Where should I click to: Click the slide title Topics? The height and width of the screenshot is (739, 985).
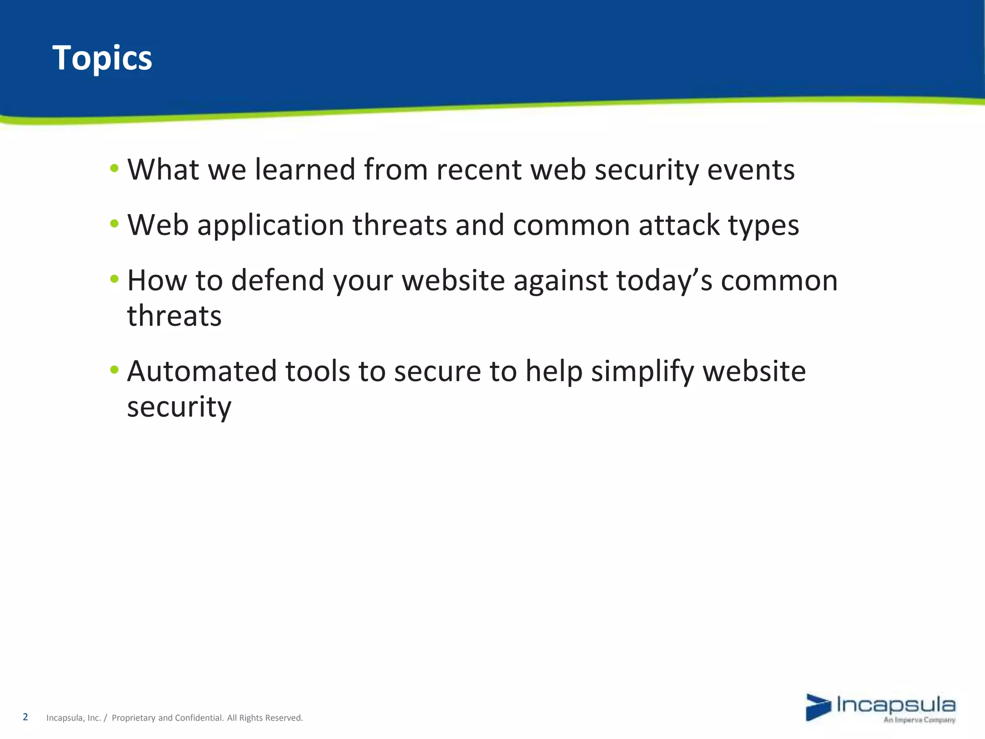point(102,58)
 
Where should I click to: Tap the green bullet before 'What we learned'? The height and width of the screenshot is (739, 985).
point(114,168)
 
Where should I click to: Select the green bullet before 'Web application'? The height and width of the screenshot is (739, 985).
point(114,224)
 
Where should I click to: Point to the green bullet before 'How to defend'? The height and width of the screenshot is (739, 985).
point(114,279)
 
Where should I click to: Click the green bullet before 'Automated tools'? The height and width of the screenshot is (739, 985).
point(114,370)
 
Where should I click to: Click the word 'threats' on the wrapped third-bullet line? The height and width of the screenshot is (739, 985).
point(174,316)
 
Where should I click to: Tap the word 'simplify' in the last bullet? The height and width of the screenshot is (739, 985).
point(643,372)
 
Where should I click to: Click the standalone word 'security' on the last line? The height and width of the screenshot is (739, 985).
point(179,407)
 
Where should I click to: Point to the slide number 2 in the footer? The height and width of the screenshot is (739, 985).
point(25,717)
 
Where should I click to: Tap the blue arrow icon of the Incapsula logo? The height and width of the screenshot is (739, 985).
point(818,707)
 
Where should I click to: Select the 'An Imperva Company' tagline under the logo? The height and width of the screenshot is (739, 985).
point(919,720)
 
